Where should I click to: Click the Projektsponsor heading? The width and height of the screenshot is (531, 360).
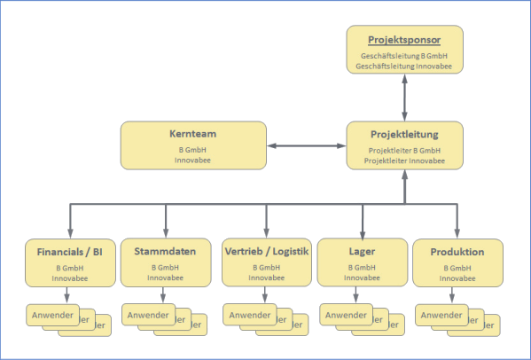(x=404, y=40)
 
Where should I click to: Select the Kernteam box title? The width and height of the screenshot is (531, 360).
(x=193, y=134)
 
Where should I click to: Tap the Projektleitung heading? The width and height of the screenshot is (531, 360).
(x=404, y=134)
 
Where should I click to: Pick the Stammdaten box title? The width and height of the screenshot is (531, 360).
(x=166, y=252)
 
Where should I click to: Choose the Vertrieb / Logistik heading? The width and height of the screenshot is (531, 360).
(x=266, y=252)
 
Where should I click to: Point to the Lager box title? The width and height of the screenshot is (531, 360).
(x=361, y=252)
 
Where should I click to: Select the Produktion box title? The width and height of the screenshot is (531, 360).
(x=457, y=252)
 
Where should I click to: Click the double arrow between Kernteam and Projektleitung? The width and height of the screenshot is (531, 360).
(x=306, y=145)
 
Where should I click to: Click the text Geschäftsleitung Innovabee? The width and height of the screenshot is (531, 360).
(x=404, y=66)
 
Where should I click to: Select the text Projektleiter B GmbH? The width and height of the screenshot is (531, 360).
(x=404, y=151)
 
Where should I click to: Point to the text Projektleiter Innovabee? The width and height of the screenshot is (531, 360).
(x=404, y=160)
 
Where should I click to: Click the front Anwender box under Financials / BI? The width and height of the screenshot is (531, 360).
(x=51, y=315)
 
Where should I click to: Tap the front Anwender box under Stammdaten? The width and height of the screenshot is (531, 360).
(x=146, y=315)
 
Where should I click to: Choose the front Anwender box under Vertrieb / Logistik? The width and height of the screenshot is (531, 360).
(x=248, y=315)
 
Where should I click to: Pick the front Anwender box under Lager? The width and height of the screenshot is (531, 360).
(x=344, y=315)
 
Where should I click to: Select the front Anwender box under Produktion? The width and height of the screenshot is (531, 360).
(x=441, y=315)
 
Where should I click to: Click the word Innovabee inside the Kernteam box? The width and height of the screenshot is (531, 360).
(x=193, y=160)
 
